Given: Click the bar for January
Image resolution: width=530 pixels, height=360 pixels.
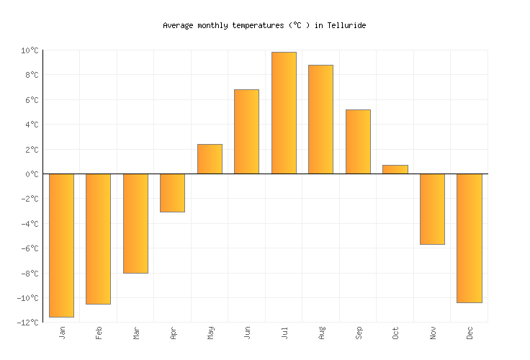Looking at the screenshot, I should point(61,245).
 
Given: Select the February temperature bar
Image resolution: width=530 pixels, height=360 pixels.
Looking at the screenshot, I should point(98,238).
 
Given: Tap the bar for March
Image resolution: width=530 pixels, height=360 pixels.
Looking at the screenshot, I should point(135,223).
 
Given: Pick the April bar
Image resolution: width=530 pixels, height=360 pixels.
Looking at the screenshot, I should point(172,193).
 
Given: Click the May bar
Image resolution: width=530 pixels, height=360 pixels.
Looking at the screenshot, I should point(210,159).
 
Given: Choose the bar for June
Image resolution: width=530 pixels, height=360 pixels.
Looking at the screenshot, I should point(246,132).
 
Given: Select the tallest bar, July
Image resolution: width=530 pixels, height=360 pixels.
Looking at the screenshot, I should point(284,113).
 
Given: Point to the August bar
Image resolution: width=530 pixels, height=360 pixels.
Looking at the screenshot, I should point(320,120).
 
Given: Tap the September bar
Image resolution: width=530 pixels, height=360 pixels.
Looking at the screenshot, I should point(358,142).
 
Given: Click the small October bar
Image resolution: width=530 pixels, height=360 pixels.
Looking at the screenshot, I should point(395,170).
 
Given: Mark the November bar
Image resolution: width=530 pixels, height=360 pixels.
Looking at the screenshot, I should point(432,209).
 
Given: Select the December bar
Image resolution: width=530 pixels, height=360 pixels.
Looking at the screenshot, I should point(469,238).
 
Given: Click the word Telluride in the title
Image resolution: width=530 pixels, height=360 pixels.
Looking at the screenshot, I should point(346,25).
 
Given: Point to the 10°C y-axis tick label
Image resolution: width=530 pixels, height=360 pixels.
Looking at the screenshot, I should point(30,50).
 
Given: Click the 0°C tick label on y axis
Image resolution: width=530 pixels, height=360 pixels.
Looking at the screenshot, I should point(32,174).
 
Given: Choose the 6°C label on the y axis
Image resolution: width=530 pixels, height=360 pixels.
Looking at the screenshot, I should point(32,100).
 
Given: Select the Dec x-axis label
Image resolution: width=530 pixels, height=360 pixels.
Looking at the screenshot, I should point(470,333).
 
